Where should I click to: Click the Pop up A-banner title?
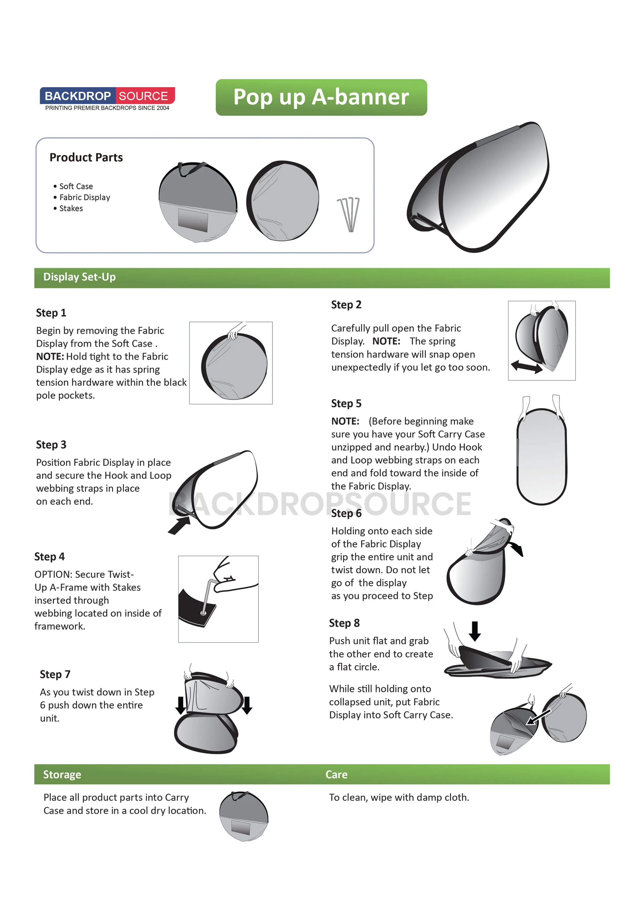coord(321,97)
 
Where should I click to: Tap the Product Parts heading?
coord(86,158)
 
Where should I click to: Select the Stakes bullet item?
coord(71,208)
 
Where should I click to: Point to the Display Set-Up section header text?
coord(79,277)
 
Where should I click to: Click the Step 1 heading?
coord(51,313)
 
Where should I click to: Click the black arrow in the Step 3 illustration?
coord(179,526)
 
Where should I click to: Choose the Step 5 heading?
coord(346,404)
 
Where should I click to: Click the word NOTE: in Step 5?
coord(345,421)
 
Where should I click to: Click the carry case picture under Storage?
coord(244,816)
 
